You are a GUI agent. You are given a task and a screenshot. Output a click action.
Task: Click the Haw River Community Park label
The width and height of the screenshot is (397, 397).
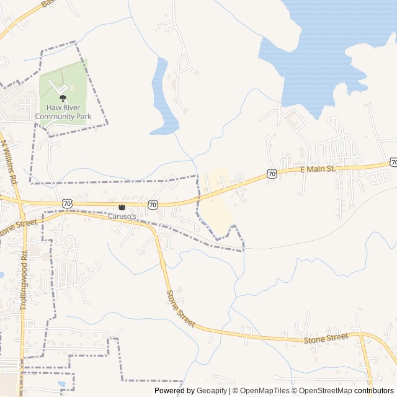[63, 112]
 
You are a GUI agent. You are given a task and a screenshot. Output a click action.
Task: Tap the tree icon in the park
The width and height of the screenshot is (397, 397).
[63, 98]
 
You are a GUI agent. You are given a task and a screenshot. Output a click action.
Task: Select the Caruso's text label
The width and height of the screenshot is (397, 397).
[122, 215]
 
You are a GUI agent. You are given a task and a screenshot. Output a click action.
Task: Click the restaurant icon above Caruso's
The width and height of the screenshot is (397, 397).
[122, 207]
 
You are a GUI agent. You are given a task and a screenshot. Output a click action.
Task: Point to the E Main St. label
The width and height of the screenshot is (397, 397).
[318, 169]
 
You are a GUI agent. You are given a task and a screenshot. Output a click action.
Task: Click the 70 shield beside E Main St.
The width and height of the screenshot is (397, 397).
[272, 174]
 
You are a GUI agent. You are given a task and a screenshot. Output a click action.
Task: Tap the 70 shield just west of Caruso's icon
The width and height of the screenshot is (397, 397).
[67, 203]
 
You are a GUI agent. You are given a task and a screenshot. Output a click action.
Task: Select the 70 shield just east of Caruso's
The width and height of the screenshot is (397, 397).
[153, 203]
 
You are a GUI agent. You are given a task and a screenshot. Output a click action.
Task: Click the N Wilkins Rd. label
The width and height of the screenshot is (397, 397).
[9, 162]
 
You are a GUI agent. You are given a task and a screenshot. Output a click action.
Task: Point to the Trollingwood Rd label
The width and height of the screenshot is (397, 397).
[24, 280]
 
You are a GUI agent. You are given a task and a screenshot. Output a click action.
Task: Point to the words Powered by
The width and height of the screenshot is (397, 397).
[174, 391]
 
